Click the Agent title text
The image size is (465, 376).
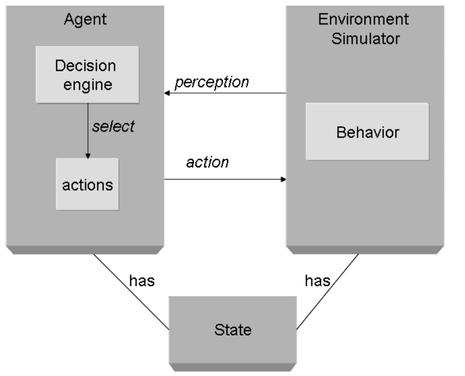pyautogui.click(x=85, y=20)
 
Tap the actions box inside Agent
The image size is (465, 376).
pyautogui.click(x=87, y=184)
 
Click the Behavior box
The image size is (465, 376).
pyautogui.click(x=367, y=132)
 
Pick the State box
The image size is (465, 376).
pyautogui.click(x=233, y=330)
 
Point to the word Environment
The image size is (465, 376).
pyautogui.click(x=363, y=19)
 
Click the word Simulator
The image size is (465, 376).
pyautogui.click(x=365, y=39)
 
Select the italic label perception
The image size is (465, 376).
pyautogui.click(x=212, y=82)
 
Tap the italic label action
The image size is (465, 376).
pyautogui.click(x=207, y=162)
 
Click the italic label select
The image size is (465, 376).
pyautogui.click(x=113, y=127)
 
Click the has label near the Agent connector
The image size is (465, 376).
pyautogui.click(x=142, y=281)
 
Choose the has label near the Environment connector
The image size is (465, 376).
pyautogui.click(x=317, y=281)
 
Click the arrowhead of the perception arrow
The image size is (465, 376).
pyautogui.click(x=167, y=93)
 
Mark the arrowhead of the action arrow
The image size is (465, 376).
pyautogui.click(x=283, y=179)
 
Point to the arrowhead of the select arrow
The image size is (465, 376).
pyautogui.click(x=88, y=156)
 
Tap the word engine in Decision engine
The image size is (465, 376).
pyautogui.click(x=88, y=85)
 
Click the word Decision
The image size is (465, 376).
pyautogui.click(x=86, y=66)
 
